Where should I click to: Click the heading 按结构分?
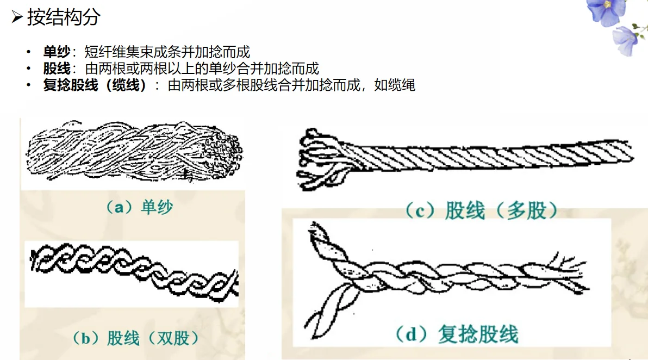pos(64,18)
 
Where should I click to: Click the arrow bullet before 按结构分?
pos(17,18)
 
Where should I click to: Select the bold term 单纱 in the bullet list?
pos(57,52)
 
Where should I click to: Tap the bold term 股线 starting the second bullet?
pos(57,69)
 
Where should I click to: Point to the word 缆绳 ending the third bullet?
pos(402,86)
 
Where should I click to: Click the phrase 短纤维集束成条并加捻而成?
pos(167,52)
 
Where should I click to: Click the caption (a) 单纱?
pos(139,207)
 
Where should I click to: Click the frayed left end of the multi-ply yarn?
pos(318,158)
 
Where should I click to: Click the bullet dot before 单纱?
pos(29,53)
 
